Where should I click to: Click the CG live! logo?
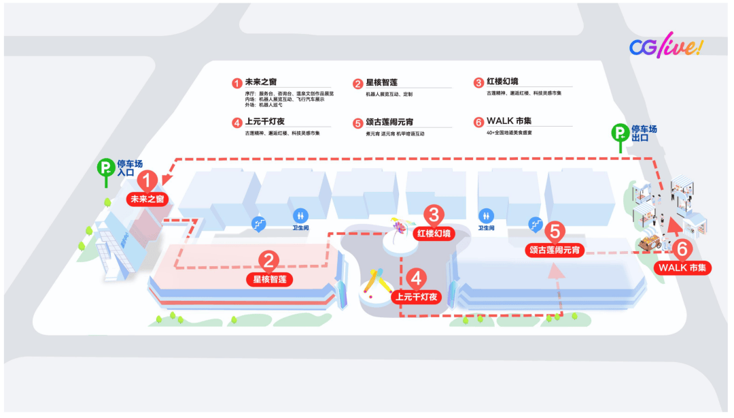click(665, 46)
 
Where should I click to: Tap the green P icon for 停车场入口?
click(105, 167)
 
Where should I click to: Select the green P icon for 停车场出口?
click(620, 133)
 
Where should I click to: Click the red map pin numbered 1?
click(148, 181)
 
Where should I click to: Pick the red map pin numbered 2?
click(269, 260)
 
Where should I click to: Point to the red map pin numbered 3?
click(434, 214)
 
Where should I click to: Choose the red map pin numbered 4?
click(417, 278)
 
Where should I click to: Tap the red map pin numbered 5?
click(555, 231)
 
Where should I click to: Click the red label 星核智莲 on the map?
click(269, 279)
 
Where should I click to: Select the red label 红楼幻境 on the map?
click(434, 234)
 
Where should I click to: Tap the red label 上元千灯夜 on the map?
click(417, 297)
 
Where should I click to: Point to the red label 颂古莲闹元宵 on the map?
click(555, 251)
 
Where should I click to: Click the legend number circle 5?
click(358, 123)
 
